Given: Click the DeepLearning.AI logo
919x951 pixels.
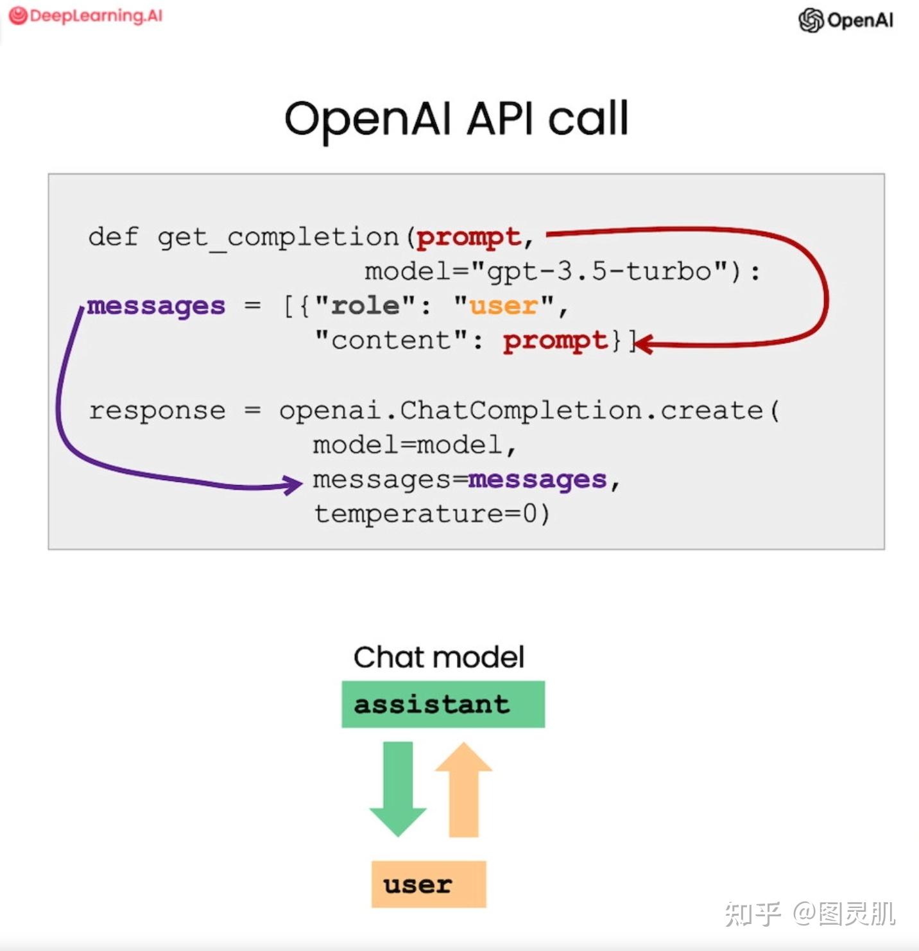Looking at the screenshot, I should [x=86, y=15].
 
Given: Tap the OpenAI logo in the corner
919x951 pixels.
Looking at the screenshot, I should [x=845, y=20].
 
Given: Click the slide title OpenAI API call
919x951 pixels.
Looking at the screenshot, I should [x=456, y=119].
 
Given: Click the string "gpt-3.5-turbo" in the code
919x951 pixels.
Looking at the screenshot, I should [x=599, y=271].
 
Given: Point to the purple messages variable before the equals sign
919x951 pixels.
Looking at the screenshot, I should [x=156, y=306].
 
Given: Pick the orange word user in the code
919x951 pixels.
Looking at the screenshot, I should [x=503, y=306].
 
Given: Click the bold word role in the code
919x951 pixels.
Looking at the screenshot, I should [x=365, y=306].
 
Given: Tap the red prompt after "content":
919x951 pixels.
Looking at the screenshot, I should [x=555, y=341].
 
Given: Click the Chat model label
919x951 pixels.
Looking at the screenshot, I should [x=439, y=657].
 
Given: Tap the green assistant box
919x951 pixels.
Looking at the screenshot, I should [x=443, y=704].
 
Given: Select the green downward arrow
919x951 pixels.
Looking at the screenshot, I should [x=398, y=787].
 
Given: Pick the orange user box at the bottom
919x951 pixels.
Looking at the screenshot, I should [x=428, y=884].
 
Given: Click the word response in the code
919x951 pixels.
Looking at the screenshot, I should [x=157, y=411].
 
